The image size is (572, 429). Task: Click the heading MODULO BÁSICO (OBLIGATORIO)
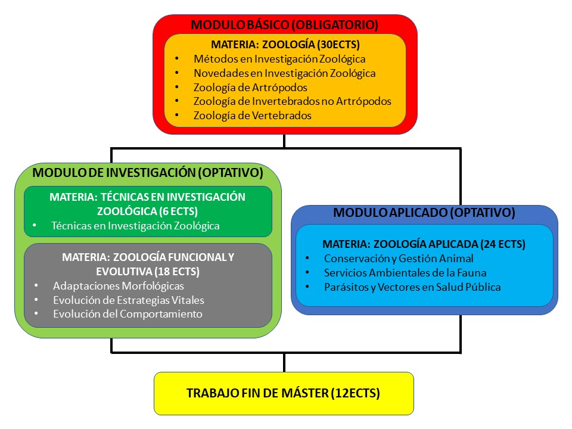(x=285, y=25)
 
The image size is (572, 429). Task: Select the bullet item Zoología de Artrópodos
(x=250, y=88)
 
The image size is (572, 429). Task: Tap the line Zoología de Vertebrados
(x=253, y=116)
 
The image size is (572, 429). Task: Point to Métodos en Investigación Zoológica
(x=279, y=59)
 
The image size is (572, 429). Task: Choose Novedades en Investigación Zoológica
(x=285, y=73)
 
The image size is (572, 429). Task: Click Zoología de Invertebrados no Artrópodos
(x=292, y=101)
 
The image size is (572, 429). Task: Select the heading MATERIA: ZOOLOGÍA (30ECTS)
(x=285, y=45)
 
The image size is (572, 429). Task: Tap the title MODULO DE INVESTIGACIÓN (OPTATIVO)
(x=148, y=173)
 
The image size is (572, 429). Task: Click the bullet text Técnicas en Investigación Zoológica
(x=135, y=226)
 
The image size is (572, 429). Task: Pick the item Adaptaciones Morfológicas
(x=119, y=286)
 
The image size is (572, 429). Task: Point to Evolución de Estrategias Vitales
(x=129, y=300)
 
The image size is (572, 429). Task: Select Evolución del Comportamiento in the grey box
(x=128, y=314)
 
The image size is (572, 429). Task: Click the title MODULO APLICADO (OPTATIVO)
(x=424, y=212)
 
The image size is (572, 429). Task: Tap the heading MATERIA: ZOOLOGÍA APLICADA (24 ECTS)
(x=424, y=244)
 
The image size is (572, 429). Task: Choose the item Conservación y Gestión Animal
(x=399, y=259)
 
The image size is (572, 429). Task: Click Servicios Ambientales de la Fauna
(x=405, y=273)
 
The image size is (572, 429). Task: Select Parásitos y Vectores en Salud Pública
(x=412, y=287)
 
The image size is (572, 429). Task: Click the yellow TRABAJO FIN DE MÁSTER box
(x=284, y=394)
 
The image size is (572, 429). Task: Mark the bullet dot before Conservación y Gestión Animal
(x=307, y=258)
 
